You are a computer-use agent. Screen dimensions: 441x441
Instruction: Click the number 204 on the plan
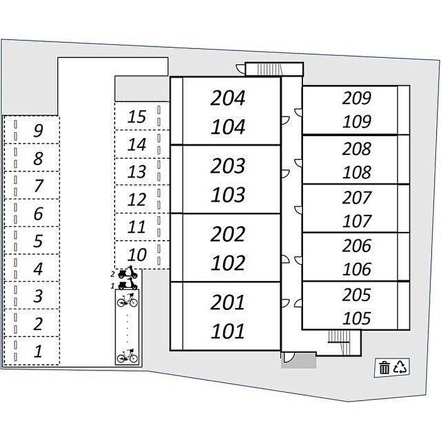click(228, 98)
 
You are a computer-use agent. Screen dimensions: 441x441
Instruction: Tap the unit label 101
click(228, 331)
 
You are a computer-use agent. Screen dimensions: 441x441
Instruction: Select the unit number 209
click(357, 98)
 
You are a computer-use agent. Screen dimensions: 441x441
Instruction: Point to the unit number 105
click(357, 318)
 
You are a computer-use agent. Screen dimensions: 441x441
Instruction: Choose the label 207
click(357, 197)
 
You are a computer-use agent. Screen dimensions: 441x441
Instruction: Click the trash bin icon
click(384, 367)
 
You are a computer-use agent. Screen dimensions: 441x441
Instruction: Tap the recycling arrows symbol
click(400, 367)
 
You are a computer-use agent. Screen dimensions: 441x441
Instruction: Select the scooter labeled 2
click(128, 272)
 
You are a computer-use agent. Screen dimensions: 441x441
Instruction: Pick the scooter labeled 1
click(128, 283)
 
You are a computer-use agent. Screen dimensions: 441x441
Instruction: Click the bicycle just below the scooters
click(127, 300)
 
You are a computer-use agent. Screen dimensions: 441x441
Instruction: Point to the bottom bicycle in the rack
click(127, 356)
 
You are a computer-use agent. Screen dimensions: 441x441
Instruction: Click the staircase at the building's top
click(270, 69)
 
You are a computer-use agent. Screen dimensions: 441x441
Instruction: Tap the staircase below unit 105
click(339, 338)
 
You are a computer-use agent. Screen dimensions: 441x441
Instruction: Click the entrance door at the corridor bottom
click(288, 357)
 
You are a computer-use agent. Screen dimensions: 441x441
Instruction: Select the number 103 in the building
click(228, 195)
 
